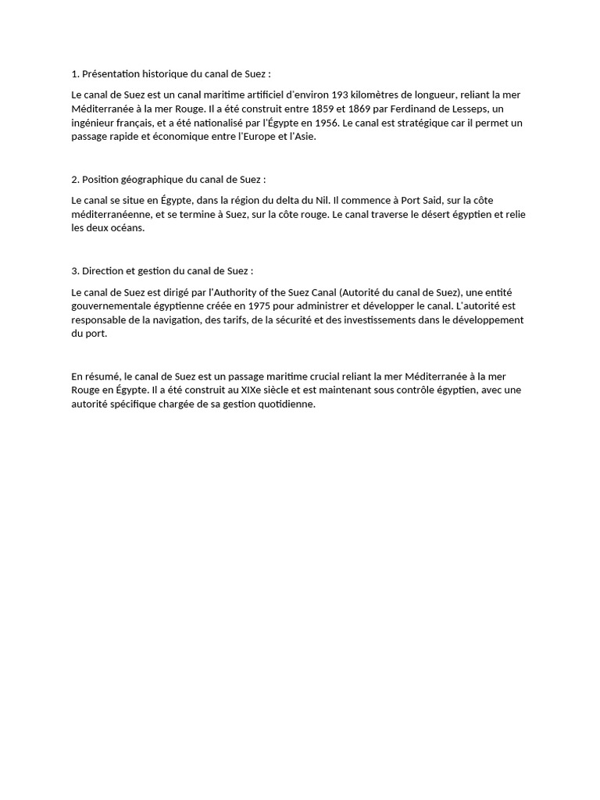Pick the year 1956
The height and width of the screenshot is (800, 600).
tap(327, 123)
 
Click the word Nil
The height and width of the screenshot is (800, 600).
tap(320, 201)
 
